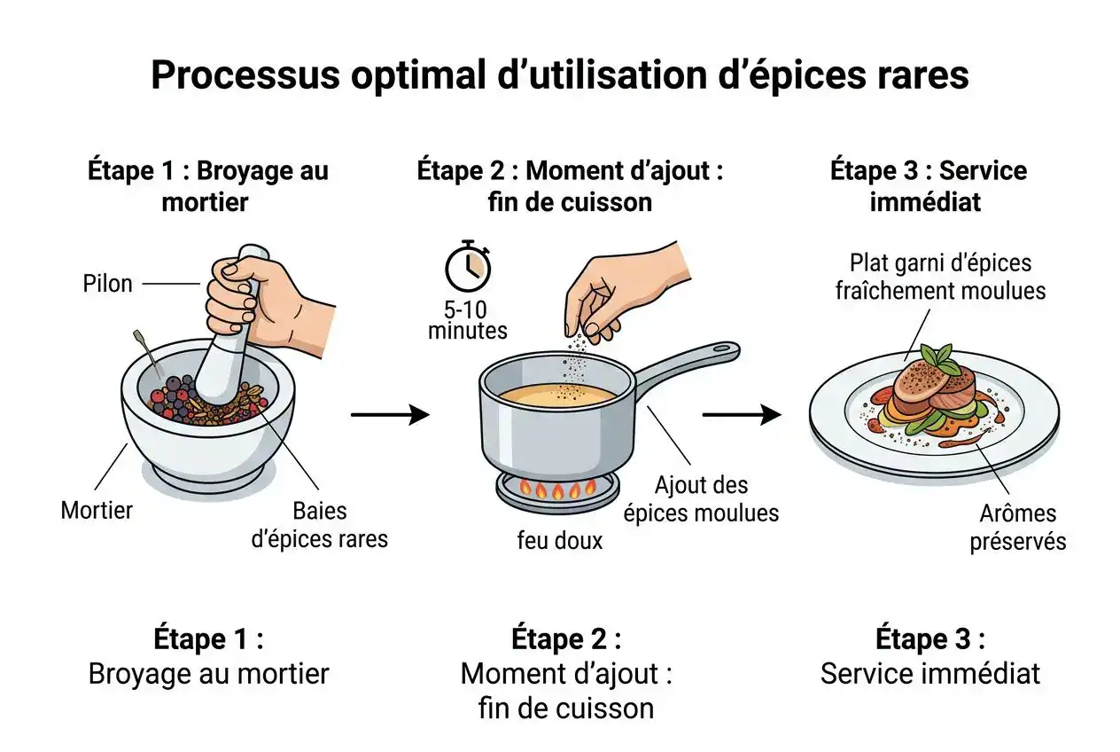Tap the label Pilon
tap(107, 284)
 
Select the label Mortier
tap(97, 510)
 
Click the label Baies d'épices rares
tap(320, 524)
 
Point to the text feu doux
tap(559, 540)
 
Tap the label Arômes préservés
tap(1017, 528)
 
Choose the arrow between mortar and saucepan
tap(390, 414)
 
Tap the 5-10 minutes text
tap(468, 321)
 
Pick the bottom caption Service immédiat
tap(929, 673)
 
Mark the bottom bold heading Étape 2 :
tap(566, 638)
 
